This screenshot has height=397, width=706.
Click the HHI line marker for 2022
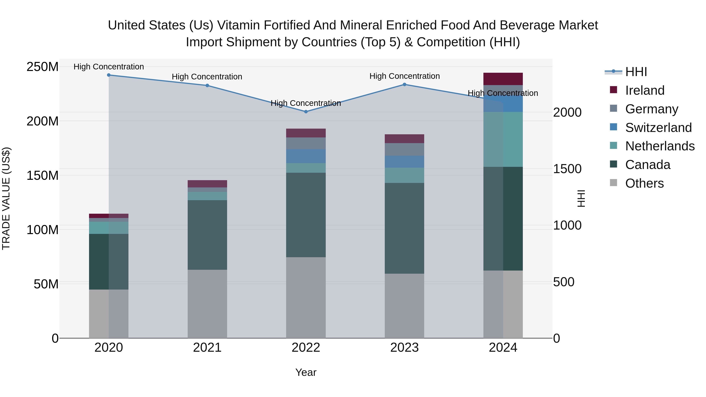click(x=306, y=112)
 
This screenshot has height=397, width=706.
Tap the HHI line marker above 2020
click(x=109, y=75)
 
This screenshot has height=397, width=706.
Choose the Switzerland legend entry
click(x=658, y=128)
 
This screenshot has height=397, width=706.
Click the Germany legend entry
click(x=651, y=109)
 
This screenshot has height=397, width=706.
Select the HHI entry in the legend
click(x=636, y=72)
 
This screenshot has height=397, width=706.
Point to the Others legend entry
click(x=644, y=183)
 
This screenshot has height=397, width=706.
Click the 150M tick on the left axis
click(x=43, y=175)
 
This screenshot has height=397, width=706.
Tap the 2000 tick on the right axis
click(x=567, y=112)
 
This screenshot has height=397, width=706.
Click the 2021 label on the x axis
click(x=207, y=348)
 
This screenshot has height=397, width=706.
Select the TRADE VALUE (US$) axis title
click(x=6, y=198)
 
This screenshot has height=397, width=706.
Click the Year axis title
click(x=306, y=372)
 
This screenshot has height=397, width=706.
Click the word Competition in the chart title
click(x=450, y=42)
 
